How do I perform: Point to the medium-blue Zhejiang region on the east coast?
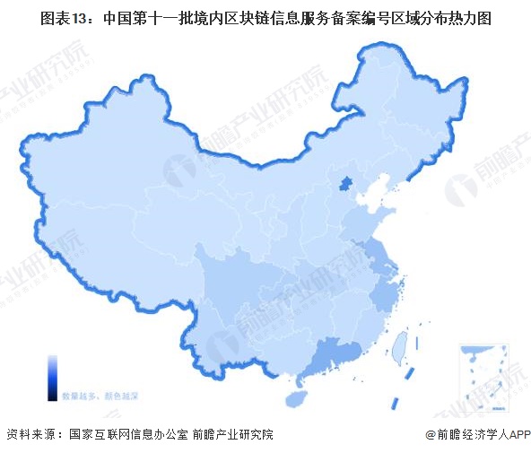click(388, 292)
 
